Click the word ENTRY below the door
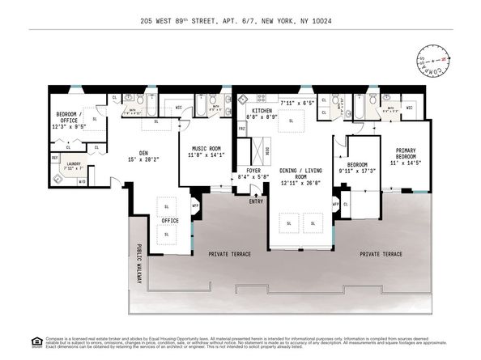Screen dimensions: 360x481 [x=257, y=201]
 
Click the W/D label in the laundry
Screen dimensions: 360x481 [x=82, y=181]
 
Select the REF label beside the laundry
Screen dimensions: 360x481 [x=55, y=158]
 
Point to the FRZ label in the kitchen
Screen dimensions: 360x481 [x=241, y=129]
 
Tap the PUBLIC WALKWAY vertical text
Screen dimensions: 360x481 [x=138, y=260]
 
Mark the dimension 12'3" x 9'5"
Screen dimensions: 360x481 [x=69, y=125]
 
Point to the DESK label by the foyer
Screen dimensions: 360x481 [x=268, y=150]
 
